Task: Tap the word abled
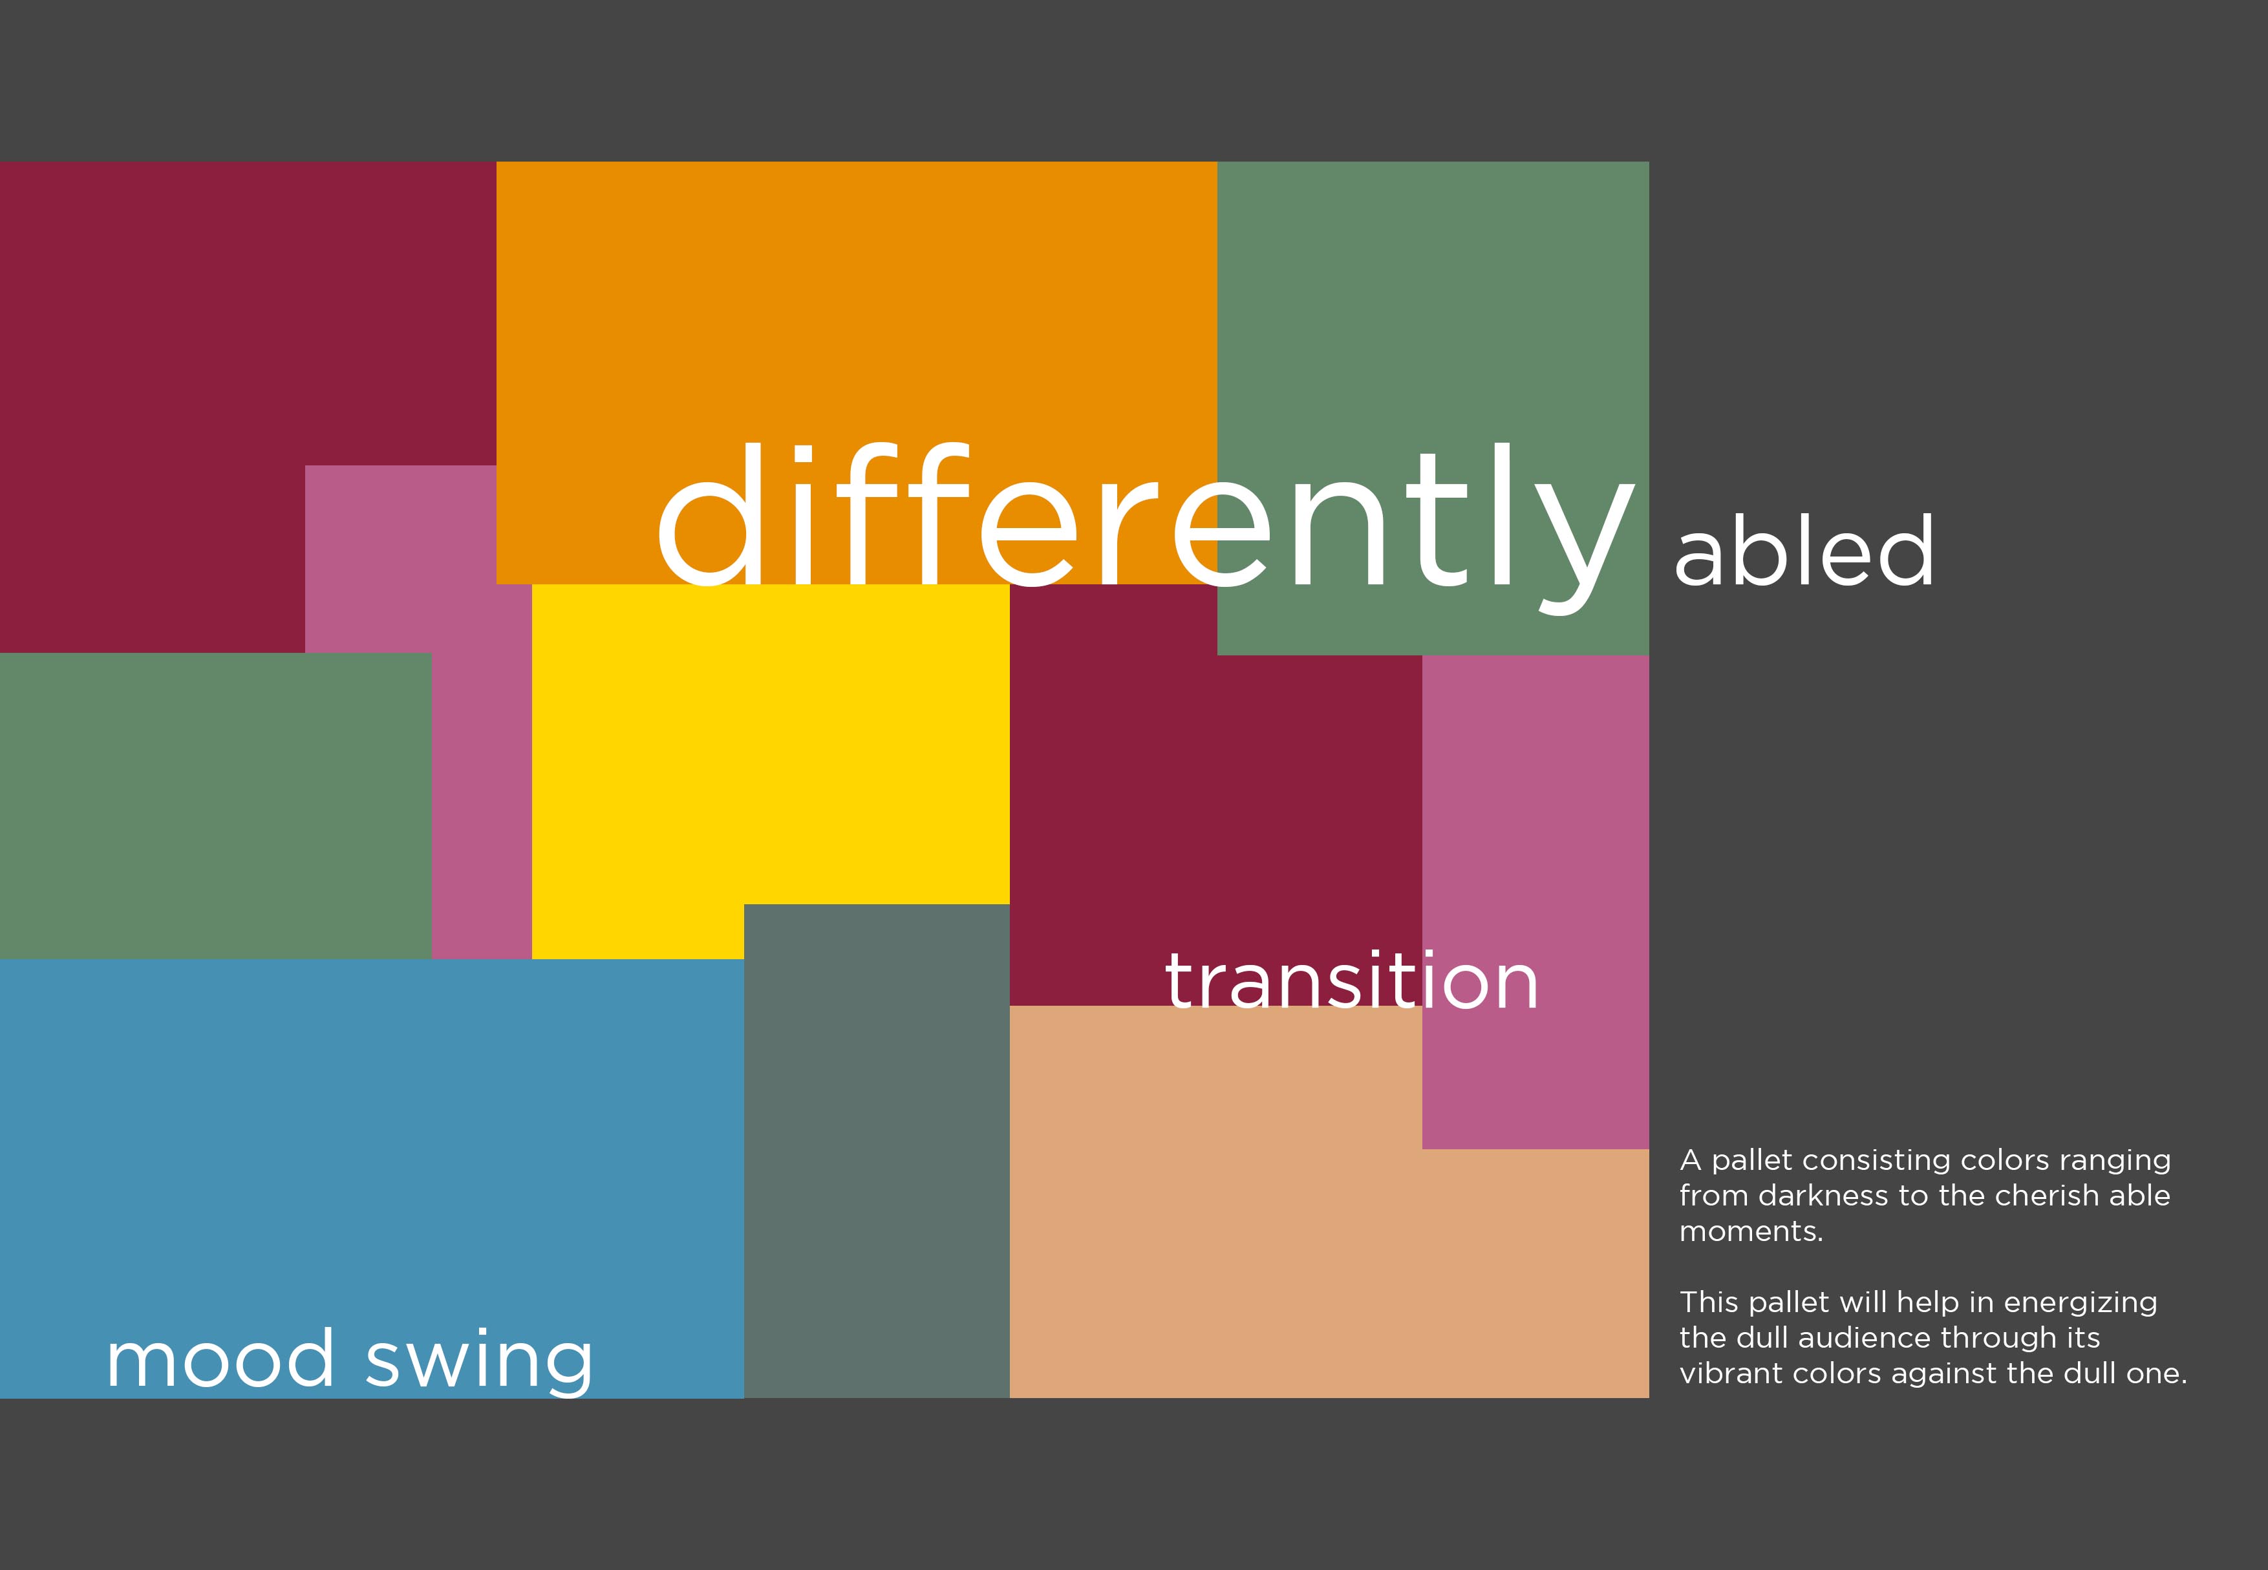pyautogui.click(x=1804, y=550)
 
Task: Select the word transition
pyautogui.click(x=1351, y=980)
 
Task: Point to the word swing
pyautogui.click(x=479, y=1361)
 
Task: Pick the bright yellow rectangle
pyautogui.click(x=771, y=745)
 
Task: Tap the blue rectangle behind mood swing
pyautogui.click(x=372, y=1178)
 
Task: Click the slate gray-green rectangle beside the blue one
pyautogui.click(x=877, y=1151)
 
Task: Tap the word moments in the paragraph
pyautogui.click(x=1751, y=1231)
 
